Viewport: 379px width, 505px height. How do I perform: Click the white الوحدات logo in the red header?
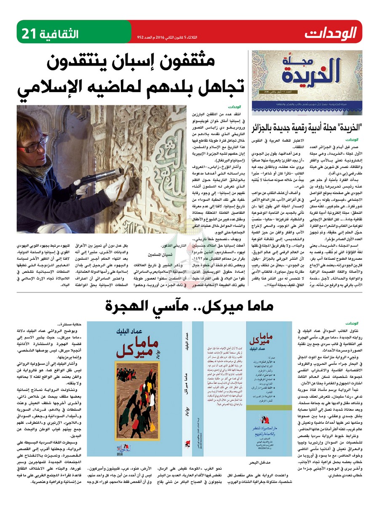click(331, 32)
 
